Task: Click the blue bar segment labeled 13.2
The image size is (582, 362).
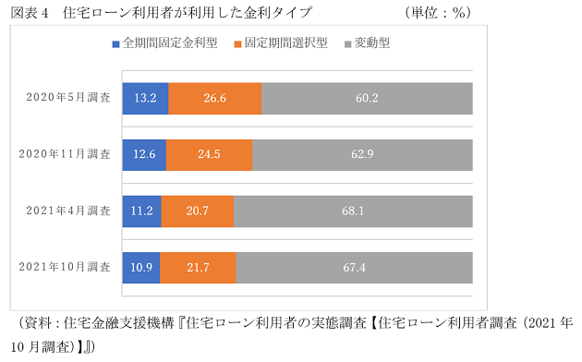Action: (x=145, y=98)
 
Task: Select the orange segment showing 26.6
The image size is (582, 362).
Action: (x=214, y=98)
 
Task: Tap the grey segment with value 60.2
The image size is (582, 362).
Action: (x=367, y=98)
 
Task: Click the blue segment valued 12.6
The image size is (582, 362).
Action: (x=144, y=154)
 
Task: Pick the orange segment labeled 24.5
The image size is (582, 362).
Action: (x=209, y=154)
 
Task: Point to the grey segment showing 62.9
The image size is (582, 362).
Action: (x=362, y=154)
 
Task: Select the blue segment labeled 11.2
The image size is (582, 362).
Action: (x=142, y=211)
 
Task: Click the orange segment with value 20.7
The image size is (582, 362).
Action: (x=198, y=211)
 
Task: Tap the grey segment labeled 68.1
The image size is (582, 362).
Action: (x=353, y=211)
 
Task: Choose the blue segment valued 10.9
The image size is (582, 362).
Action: (x=141, y=267)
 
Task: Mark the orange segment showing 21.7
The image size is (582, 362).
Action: (x=199, y=267)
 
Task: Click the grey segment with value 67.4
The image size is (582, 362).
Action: (x=354, y=267)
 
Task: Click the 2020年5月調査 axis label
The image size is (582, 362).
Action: (x=68, y=98)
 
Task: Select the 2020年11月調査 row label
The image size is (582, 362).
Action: (x=66, y=154)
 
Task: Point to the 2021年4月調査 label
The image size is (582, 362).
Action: (x=68, y=211)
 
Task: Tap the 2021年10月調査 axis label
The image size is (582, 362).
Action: (x=66, y=267)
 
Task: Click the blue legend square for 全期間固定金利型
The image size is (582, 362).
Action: (x=115, y=43)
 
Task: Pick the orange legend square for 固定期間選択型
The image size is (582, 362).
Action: (x=238, y=43)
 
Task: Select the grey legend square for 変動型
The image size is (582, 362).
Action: (x=347, y=43)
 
